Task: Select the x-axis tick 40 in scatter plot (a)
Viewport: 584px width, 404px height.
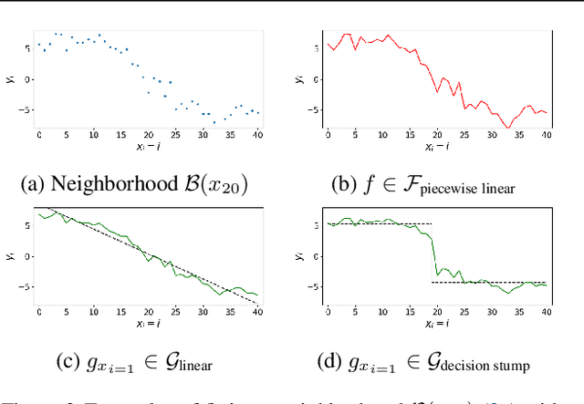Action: (257, 135)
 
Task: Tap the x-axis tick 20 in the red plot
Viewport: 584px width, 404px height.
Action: (437, 135)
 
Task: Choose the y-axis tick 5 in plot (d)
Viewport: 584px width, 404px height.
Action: (316, 223)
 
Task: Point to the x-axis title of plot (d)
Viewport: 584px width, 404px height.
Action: (437, 324)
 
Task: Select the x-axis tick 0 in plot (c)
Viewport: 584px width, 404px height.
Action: (39, 313)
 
